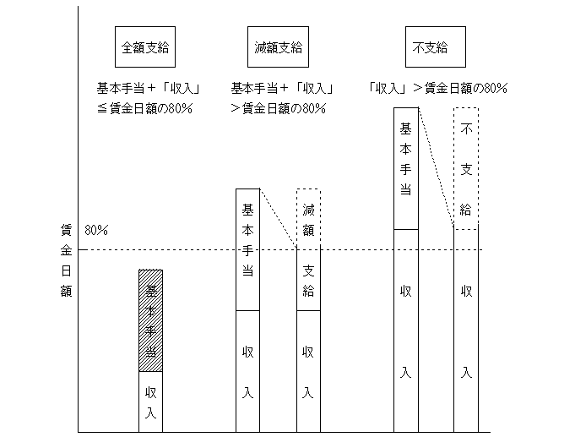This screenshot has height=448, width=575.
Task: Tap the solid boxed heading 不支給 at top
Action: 429,48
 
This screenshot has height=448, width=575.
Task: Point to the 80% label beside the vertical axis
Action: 95,230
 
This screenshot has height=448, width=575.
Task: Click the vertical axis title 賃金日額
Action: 65,260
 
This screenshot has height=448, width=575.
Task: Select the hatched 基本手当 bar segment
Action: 150,320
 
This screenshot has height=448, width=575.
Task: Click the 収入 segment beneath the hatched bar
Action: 150,402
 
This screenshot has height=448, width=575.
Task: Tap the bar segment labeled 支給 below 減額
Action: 308,279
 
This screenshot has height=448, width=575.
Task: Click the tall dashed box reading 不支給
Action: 466,168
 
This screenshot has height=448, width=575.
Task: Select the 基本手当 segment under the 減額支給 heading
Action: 247,249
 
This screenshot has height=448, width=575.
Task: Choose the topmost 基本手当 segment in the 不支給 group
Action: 405,167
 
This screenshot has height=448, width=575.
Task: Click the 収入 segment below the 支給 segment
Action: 308,371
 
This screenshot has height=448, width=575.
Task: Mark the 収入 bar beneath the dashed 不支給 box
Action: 466,331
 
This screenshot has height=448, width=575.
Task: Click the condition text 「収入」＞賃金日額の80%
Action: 438,88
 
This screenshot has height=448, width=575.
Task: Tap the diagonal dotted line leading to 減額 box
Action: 278,218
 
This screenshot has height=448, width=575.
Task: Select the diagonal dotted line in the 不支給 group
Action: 436,167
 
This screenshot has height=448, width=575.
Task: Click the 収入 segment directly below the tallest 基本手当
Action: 405,331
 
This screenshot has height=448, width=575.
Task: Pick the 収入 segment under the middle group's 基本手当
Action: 247,371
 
